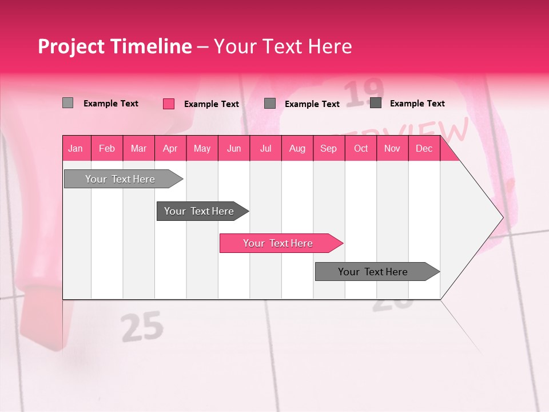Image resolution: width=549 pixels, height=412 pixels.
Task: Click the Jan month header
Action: (76, 148)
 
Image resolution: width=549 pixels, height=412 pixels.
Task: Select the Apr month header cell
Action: (170, 148)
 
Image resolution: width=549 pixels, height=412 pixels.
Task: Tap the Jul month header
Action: (265, 148)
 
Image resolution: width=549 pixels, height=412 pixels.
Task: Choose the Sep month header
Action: (329, 148)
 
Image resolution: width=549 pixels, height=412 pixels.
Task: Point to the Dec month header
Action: (424, 148)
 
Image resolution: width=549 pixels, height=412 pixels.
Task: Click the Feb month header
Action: (107, 148)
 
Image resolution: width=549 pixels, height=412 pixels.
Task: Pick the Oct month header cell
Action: (361, 148)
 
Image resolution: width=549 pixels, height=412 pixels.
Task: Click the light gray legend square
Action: (68, 103)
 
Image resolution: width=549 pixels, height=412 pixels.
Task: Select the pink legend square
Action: (169, 104)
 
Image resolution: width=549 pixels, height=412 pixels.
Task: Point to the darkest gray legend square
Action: (376, 103)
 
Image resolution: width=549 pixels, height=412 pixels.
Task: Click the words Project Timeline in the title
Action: (114, 46)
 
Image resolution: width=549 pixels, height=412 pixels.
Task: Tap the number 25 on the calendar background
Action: (142, 328)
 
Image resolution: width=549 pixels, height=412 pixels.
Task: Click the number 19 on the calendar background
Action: (365, 92)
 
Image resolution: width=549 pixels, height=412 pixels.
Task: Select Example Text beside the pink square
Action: (212, 104)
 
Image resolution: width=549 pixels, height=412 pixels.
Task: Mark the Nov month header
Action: (392, 148)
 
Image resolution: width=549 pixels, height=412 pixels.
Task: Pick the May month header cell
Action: (202, 148)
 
